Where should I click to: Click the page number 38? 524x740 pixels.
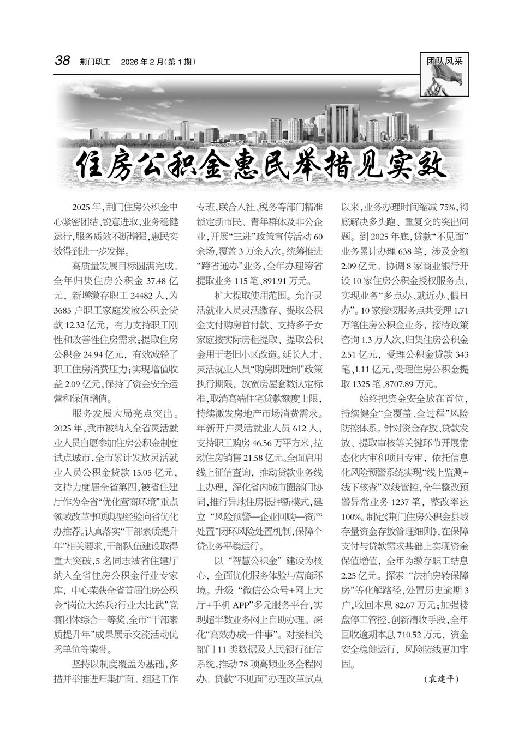(x=62, y=61)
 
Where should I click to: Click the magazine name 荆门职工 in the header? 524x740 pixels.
(x=94, y=62)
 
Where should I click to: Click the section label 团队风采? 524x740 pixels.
(x=444, y=61)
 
